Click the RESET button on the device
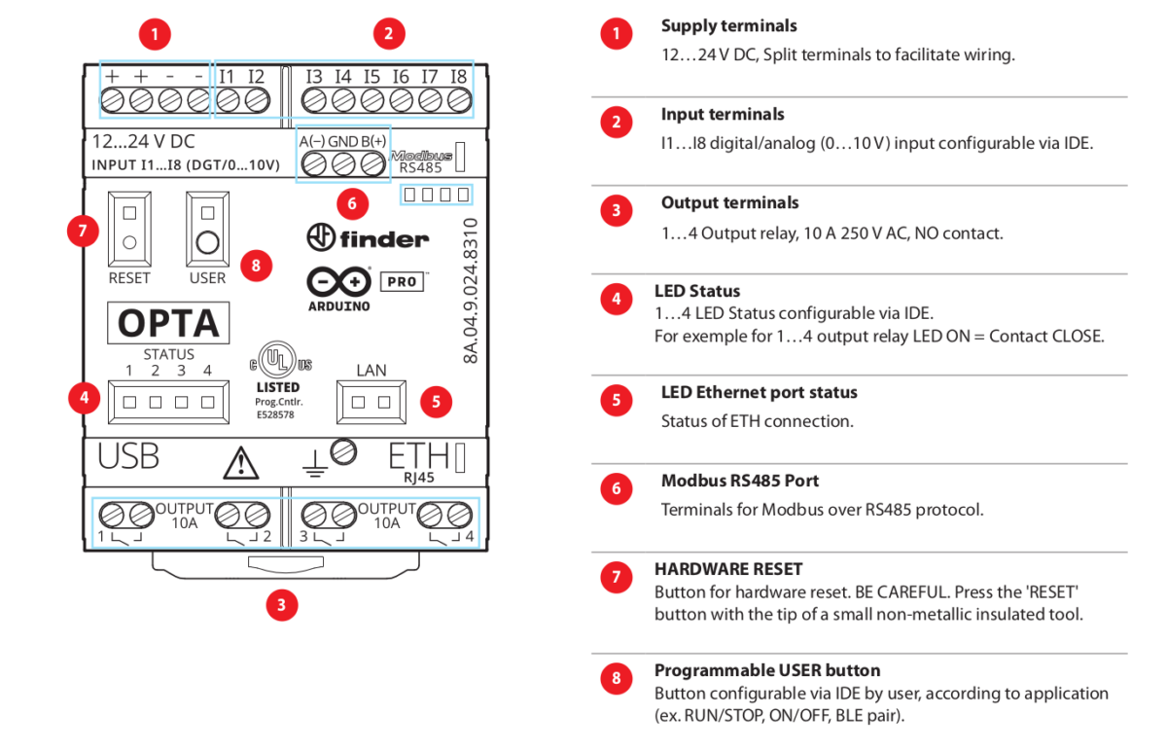click(129, 229)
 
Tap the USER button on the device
click(207, 229)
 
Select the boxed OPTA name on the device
click(168, 322)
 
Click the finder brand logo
click(368, 237)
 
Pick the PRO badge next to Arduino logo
click(402, 282)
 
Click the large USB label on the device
click(128, 456)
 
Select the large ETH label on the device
click(419, 455)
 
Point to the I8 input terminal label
click(458, 76)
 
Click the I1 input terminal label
click(227, 76)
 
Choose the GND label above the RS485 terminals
click(342, 141)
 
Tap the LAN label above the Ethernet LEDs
click(371, 370)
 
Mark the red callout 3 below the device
click(281, 605)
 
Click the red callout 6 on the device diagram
click(352, 204)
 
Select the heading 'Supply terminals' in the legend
click(728, 26)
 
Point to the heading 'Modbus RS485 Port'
click(739, 481)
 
